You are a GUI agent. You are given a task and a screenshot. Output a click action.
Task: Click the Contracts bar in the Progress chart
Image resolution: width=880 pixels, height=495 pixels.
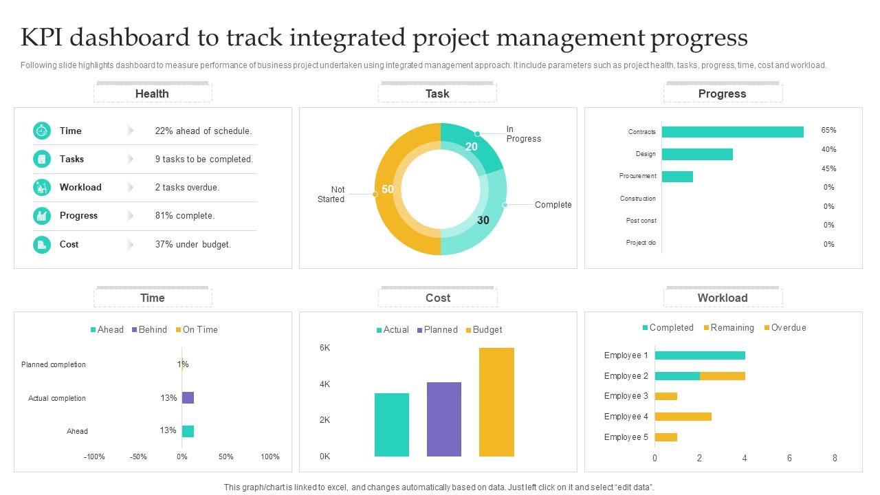pyautogui.click(x=732, y=132)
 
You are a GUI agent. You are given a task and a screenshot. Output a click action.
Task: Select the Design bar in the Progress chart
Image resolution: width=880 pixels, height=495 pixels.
pyautogui.click(x=697, y=154)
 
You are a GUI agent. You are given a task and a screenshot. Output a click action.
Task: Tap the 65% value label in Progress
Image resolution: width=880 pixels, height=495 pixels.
pyautogui.click(x=828, y=130)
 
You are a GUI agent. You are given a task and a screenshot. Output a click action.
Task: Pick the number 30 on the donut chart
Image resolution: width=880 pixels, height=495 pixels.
pyautogui.click(x=483, y=220)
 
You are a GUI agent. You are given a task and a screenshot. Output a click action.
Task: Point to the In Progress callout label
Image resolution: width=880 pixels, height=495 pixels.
pyautogui.click(x=523, y=134)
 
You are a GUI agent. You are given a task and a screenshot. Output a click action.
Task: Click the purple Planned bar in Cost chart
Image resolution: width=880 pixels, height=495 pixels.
pyautogui.click(x=444, y=419)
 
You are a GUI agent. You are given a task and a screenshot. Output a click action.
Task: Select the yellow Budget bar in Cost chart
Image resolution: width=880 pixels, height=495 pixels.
pyautogui.click(x=496, y=402)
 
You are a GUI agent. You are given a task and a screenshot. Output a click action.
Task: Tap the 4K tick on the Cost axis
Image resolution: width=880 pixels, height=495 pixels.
pyautogui.click(x=324, y=384)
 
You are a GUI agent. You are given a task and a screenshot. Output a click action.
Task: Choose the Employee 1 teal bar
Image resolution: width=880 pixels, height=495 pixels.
pyautogui.click(x=700, y=355)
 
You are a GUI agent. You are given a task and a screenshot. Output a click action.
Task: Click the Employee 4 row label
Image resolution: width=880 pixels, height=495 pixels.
pyautogui.click(x=626, y=417)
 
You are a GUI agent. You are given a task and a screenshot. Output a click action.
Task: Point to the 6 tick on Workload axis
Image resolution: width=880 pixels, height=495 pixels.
pyautogui.click(x=789, y=458)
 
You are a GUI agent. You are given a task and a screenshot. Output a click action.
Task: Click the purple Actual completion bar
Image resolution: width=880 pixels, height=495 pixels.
pyautogui.click(x=188, y=397)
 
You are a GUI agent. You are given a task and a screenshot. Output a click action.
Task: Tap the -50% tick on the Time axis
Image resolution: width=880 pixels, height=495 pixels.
pyautogui.click(x=138, y=456)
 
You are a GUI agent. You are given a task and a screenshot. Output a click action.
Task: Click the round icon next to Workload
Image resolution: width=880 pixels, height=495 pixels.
pyautogui.click(x=42, y=187)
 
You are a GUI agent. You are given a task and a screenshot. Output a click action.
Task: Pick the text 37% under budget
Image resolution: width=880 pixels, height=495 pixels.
pyautogui.click(x=192, y=244)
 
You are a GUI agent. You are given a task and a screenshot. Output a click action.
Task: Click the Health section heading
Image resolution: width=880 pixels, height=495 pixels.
pyautogui.click(x=152, y=93)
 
